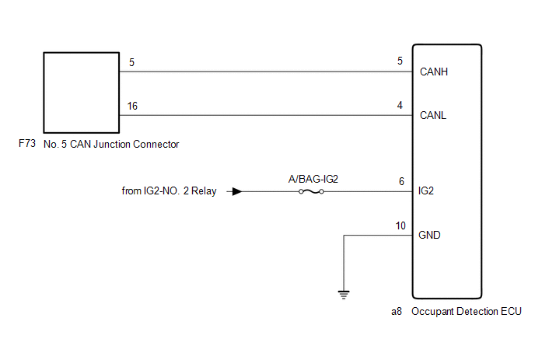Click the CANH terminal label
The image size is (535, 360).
434,72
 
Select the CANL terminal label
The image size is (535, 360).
433,115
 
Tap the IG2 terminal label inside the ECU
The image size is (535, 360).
426,190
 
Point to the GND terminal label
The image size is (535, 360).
429,235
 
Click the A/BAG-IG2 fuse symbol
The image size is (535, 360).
311,192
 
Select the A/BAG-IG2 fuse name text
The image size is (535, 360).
313,179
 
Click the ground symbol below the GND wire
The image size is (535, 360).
344,295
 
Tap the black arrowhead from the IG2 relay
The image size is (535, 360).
237,192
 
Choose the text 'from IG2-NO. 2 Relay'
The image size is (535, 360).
170,190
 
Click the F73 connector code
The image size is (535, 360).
27,143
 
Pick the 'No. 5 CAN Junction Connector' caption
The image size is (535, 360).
111,145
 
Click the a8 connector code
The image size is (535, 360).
397,312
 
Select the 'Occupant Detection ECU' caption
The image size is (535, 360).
467,312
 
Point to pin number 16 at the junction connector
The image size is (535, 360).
132,106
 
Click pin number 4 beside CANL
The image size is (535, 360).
400,105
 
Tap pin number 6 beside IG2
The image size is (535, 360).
401,181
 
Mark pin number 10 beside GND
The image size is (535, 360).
400,226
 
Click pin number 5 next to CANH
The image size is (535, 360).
400,61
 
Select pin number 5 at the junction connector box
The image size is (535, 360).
131,62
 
